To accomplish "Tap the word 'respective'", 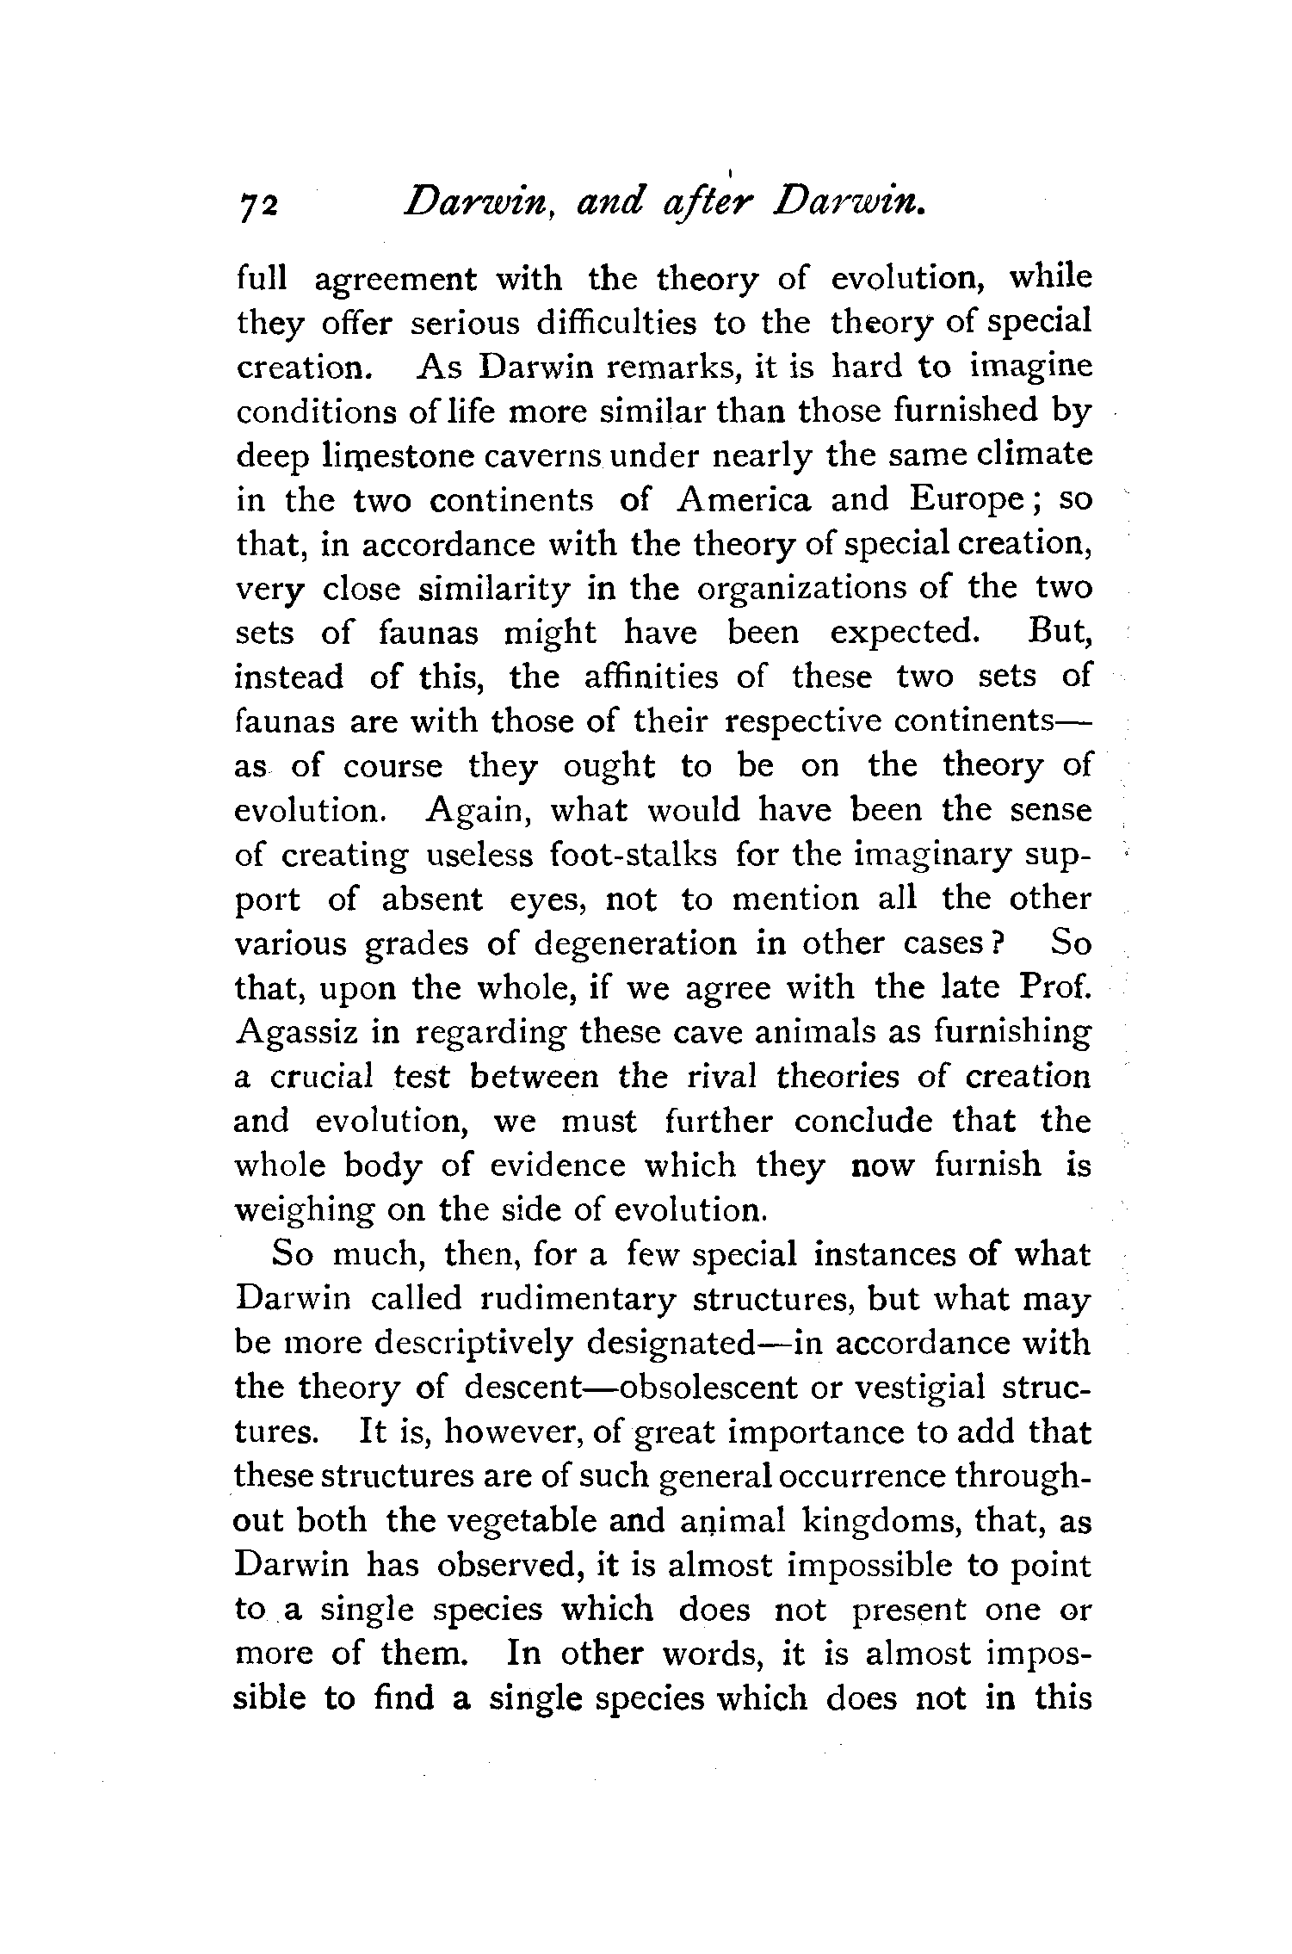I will [804, 722].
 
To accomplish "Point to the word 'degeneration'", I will [635, 944].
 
